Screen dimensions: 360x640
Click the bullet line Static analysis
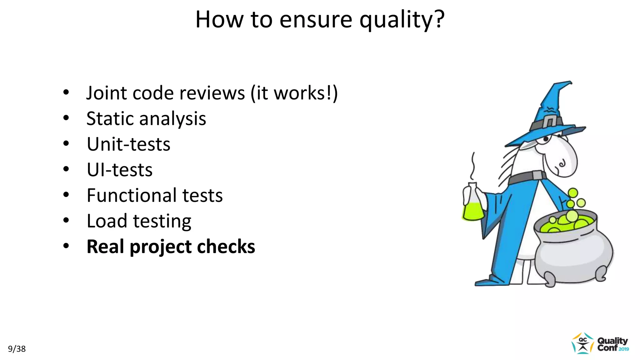click(x=146, y=119)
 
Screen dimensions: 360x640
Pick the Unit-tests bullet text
click(x=128, y=144)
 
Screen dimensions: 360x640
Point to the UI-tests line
click(x=119, y=170)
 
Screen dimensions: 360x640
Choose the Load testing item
click(x=139, y=221)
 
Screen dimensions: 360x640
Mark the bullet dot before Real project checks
click(x=66, y=246)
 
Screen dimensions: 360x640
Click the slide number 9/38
click(x=17, y=349)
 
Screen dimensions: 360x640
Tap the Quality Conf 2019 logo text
click(x=612, y=344)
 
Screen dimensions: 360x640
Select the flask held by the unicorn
click(x=473, y=203)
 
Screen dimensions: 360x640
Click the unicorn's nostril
click(x=562, y=163)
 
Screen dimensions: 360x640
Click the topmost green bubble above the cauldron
click(x=573, y=193)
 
